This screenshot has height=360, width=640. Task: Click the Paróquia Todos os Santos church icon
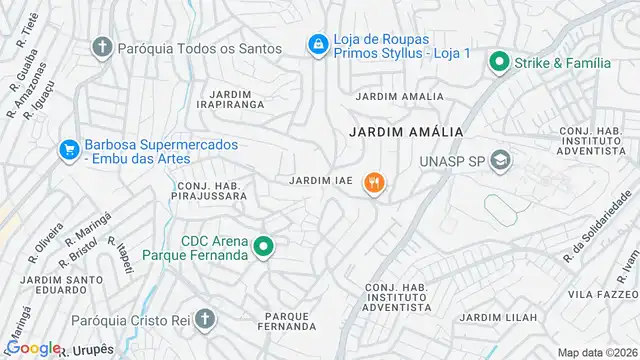point(102,46)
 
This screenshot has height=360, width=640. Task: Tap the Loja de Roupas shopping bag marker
point(317,44)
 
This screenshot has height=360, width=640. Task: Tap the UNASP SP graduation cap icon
point(501,160)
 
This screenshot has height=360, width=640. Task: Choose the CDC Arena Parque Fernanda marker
point(263,247)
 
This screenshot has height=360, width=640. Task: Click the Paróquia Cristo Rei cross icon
point(204,320)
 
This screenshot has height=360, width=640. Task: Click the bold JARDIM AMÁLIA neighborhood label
point(397,131)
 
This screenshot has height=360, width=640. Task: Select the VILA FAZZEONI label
point(603,295)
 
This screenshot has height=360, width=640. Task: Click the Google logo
point(34,348)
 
